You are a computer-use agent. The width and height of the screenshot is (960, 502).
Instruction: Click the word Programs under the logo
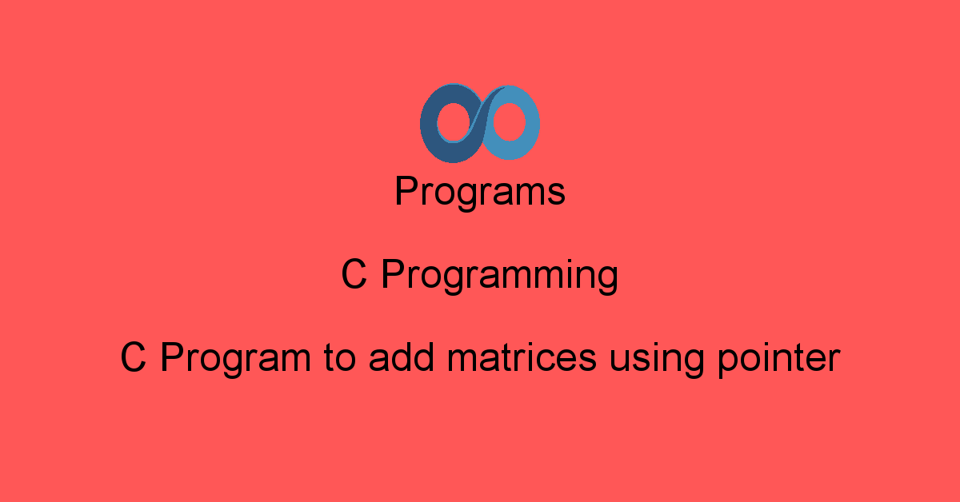click(x=480, y=193)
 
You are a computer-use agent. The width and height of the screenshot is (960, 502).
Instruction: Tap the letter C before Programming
click(x=354, y=276)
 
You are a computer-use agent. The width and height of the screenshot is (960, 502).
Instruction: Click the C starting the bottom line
click(x=134, y=358)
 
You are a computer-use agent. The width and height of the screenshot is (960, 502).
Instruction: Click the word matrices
click(x=522, y=357)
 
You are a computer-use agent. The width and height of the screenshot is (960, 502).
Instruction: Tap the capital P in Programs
click(x=405, y=192)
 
